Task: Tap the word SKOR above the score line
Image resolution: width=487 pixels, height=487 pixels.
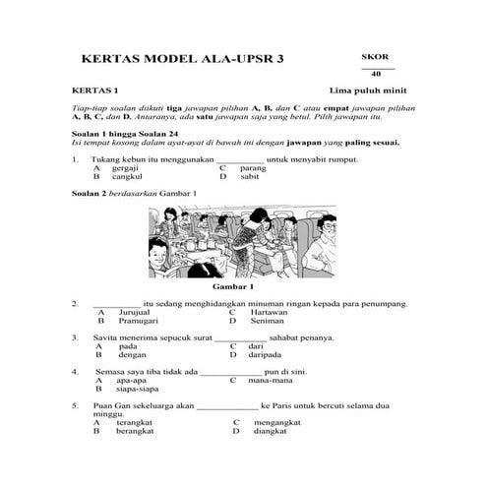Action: (x=375, y=57)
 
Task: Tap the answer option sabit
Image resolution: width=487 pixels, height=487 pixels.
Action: (x=249, y=176)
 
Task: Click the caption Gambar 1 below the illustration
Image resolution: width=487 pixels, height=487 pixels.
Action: (x=233, y=286)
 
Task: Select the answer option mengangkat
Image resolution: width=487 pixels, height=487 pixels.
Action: (x=279, y=422)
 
